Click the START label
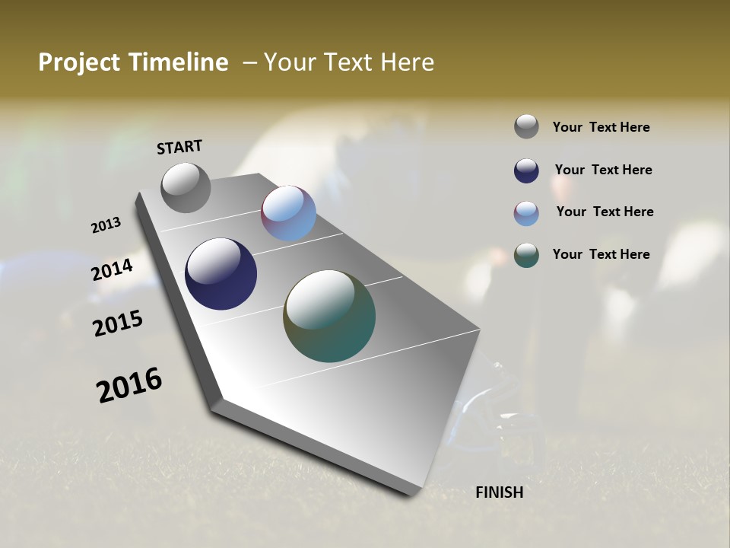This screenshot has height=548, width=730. pyautogui.click(x=179, y=147)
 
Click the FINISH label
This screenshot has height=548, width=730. pyautogui.click(x=499, y=492)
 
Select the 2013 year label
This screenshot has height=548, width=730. pyautogui.click(x=106, y=225)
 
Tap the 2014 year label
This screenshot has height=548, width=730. pyautogui.click(x=113, y=269)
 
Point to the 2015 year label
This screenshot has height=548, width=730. pyautogui.click(x=118, y=323)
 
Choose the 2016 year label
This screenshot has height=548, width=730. pyautogui.click(x=129, y=385)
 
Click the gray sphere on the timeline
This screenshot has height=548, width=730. pyautogui.click(x=186, y=188)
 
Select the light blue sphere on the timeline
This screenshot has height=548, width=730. pyautogui.click(x=288, y=213)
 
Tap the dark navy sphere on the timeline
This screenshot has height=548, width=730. pyautogui.click(x=221, y=274)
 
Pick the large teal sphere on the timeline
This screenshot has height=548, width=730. pyautogui.click(x=329, y=316)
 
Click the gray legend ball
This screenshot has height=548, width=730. pyautogui.click(x=526, y=127)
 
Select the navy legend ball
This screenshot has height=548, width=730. pyautogui.click(x=526, y=170)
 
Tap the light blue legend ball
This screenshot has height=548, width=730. pyautogui.click(x=526, y=213)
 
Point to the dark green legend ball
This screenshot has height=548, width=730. pyautogui.click(x=526, y=255)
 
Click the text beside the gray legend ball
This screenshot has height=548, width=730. pyautogui.click(x=601, y=127)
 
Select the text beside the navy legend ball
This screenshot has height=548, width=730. pyautogui.click(x=603, y=170)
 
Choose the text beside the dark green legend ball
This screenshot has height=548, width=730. pyautogui.click(x=601, y=254)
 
